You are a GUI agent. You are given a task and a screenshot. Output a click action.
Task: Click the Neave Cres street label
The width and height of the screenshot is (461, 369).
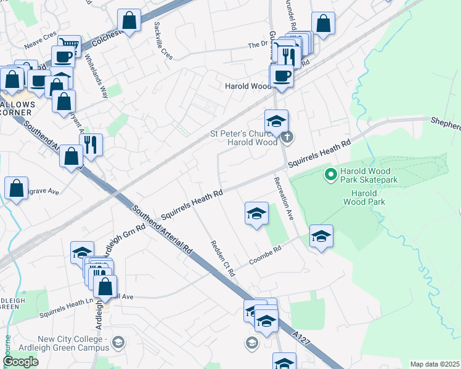tap(40, 45)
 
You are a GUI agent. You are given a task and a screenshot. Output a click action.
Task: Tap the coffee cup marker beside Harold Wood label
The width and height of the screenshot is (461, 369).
tap(282, 76)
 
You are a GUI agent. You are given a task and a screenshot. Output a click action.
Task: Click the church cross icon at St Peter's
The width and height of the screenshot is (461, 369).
tap(288, 137)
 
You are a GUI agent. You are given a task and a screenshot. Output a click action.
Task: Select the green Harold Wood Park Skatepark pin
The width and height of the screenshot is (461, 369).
tap(330, 175)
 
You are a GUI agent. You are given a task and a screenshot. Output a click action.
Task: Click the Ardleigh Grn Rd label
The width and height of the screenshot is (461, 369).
tap(131, 234)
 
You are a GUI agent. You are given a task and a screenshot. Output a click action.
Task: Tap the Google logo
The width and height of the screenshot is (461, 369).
tap(20, 362)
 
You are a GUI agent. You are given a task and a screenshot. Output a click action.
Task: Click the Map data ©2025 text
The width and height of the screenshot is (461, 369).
tap(434, 364)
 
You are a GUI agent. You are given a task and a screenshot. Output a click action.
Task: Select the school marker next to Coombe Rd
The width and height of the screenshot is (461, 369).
tap(321, 237)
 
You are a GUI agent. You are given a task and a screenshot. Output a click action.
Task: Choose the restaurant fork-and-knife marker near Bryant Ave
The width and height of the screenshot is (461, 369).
tap(91, 145)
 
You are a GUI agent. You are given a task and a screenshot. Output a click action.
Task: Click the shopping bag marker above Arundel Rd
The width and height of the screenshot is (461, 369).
tap(324, 24)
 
